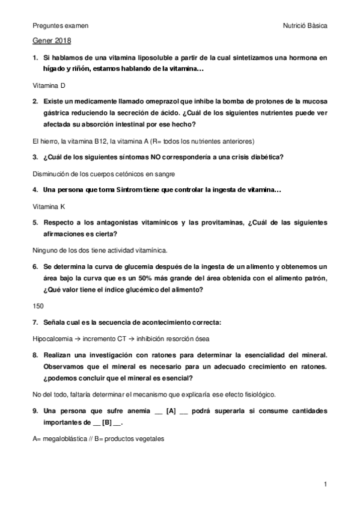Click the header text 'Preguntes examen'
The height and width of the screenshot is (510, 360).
coord(60,26)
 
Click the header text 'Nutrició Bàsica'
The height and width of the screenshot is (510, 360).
coord(305,26)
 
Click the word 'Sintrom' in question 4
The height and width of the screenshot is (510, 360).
coord(121,190)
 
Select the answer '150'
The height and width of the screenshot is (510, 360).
coord(38,306)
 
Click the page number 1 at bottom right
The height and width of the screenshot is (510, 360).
coord(325,484)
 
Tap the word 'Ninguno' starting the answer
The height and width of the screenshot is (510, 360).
coord(44,249)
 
